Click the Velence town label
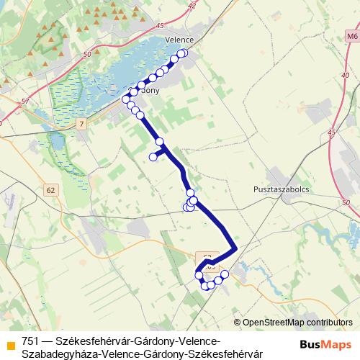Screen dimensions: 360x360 coord(180,41)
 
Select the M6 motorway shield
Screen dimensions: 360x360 coord(351,35)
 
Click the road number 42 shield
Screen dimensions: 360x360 coord(191,5)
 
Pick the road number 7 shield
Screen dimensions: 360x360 coord(82,125)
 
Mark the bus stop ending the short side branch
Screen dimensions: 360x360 coord(153,157)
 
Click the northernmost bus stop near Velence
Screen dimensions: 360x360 coord(183,53)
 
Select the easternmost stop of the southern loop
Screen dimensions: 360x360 coord(225,274)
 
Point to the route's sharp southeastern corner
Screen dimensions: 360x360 coord(235,250)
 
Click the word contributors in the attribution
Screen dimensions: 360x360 coord(333,323)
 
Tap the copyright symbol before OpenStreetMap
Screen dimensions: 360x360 coord(238,323)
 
